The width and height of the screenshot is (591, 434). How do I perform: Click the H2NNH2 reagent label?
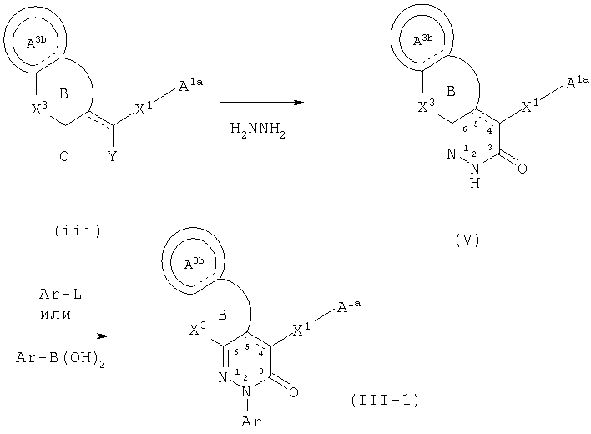pos(258,130)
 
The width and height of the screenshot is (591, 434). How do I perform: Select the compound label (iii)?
pos(78,230)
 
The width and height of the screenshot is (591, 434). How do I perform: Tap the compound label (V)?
pos(467,240)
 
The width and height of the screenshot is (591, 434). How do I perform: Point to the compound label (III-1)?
pos(385,400)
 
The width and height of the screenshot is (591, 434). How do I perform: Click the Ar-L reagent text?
pos(60,294)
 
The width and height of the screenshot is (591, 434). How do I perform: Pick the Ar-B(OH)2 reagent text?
pos(60,358)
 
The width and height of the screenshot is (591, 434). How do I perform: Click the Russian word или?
pos(56,315)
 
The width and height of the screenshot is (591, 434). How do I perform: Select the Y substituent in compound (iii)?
pos(112,156)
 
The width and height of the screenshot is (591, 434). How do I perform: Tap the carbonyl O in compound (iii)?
pos(64,156)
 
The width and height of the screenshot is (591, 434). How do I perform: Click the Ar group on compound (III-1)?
pos(251,421)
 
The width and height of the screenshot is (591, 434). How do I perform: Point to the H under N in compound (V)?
pos(475,183)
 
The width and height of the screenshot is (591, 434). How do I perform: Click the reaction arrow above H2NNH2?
pos(262,102)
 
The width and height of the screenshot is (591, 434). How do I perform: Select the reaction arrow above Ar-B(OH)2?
pos(62,336)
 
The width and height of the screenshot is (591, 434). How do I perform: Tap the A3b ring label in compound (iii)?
pos(36,42)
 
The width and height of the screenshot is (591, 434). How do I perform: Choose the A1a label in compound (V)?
pos(578,83)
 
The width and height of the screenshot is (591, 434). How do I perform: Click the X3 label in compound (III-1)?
pos(197,329)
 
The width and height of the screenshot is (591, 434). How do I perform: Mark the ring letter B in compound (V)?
pos(451,91)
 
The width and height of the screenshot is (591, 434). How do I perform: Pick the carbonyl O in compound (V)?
pos(522,169)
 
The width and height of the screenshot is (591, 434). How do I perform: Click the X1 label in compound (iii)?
pos(144,108)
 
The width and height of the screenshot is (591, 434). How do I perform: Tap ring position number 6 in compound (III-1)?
pos(236,352)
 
